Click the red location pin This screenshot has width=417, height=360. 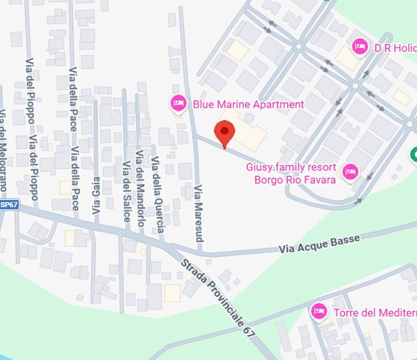click(225, 133)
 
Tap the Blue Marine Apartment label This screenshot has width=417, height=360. click(248, 104)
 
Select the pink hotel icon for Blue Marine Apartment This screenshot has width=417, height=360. click(179, 103)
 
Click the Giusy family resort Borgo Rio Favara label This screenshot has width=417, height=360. click(291, 173)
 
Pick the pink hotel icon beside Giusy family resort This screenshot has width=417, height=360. click(350, 172)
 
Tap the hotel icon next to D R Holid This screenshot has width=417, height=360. click(360, 47)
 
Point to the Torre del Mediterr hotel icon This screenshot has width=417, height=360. click(319, 311)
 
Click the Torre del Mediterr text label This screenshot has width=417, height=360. click(374, 313)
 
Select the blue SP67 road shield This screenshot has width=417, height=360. click(9, 205)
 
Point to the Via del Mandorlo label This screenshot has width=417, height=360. click(140, 188)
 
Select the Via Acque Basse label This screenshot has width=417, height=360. click(320, 244)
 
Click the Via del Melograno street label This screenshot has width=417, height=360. click(3, 150)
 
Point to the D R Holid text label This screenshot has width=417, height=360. click(395, 48)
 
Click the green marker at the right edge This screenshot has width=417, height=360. click(414, 155)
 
